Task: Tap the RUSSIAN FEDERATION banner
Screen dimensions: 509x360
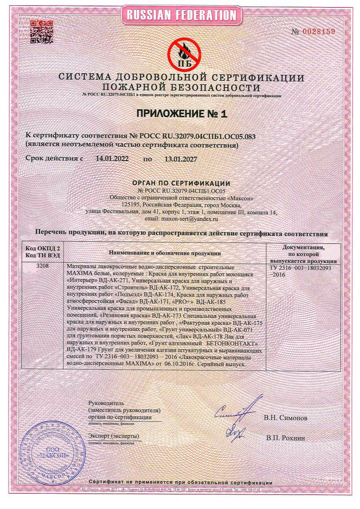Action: (x=181, y=15)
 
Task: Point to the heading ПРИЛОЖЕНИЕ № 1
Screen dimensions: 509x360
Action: (x=182, y=114)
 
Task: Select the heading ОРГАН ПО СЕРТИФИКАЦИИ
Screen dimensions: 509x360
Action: (x=181, y=183)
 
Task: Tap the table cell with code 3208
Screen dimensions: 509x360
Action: (x=43, y=266)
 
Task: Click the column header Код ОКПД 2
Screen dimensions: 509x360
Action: (x=43, y=248)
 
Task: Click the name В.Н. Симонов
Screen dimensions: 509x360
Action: (x=285, y=418)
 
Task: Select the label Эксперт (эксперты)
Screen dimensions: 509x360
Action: (x=113, y=436)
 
